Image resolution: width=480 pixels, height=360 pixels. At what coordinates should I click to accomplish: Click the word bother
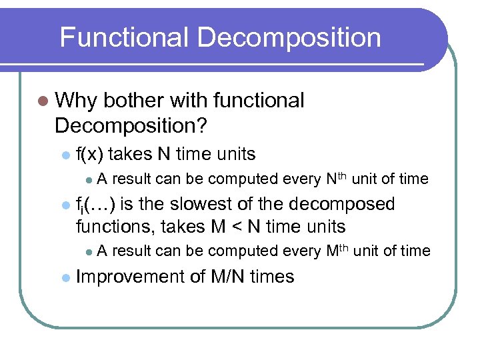[x=133, y=101]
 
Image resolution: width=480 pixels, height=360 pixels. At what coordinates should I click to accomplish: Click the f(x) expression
[x=89, y=154]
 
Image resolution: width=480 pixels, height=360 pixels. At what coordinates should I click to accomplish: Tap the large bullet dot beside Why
[x=43, y=101]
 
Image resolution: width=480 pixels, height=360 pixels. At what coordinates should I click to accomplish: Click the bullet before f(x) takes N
[x=64, y=155]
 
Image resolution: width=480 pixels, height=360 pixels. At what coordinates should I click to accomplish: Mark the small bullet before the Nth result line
[x=88, y=179]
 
